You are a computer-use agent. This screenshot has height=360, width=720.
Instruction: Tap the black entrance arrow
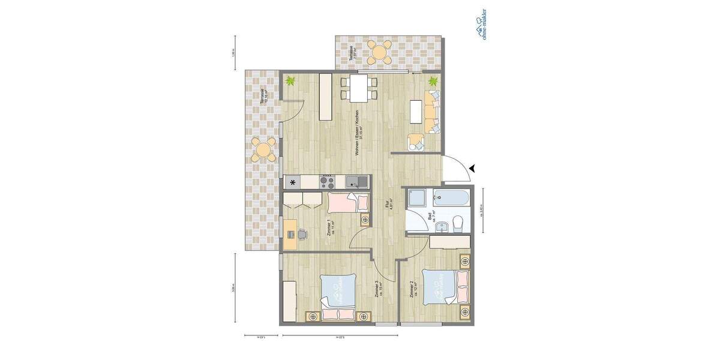(473, 169)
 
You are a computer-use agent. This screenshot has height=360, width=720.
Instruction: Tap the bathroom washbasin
(442, 226)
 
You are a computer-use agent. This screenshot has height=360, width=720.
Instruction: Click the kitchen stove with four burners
(327, 181)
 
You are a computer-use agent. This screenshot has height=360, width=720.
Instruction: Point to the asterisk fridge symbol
(293, 182)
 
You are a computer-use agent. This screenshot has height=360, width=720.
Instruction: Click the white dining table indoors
(359, 88)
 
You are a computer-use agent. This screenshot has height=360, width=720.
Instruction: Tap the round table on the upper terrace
(379, 52)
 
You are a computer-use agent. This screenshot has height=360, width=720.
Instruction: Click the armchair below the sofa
(416, 142)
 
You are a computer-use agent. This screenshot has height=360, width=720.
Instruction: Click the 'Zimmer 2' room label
(412, 290)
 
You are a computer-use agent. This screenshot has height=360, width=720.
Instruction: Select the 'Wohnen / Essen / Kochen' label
(357, 133)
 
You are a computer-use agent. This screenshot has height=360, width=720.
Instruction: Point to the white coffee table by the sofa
(416, 112)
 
